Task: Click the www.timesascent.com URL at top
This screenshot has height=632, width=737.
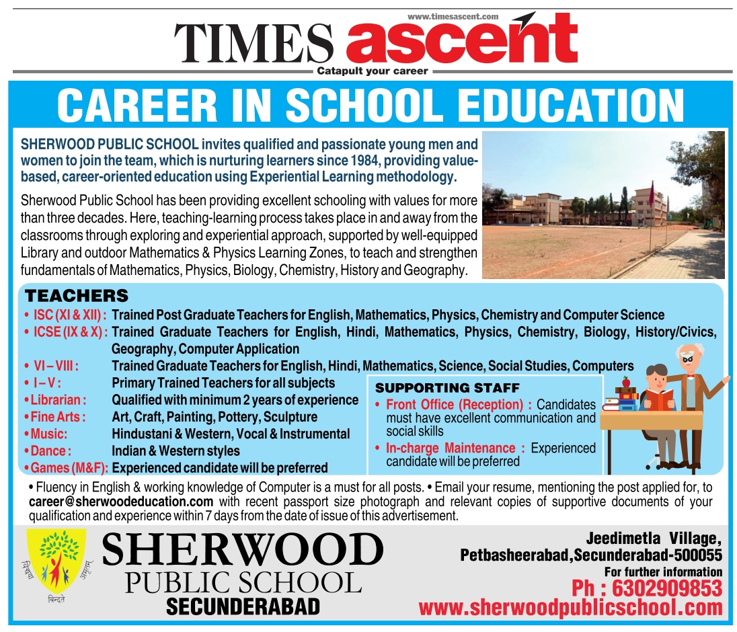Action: [453, 16]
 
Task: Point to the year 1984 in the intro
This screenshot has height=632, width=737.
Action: [364, 161]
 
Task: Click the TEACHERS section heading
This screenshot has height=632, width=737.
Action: [76, 296]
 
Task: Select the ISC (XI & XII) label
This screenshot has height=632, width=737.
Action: [70, 315]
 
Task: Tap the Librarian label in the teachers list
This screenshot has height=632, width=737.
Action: [59, 400]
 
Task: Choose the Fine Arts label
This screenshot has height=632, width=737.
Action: [58, 417]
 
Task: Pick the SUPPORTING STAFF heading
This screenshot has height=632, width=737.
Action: [447, 388]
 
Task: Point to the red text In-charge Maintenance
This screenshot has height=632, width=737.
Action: [451, 448]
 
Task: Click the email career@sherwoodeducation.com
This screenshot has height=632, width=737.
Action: [121, 502]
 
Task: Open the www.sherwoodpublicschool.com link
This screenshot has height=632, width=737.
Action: [570, 608]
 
